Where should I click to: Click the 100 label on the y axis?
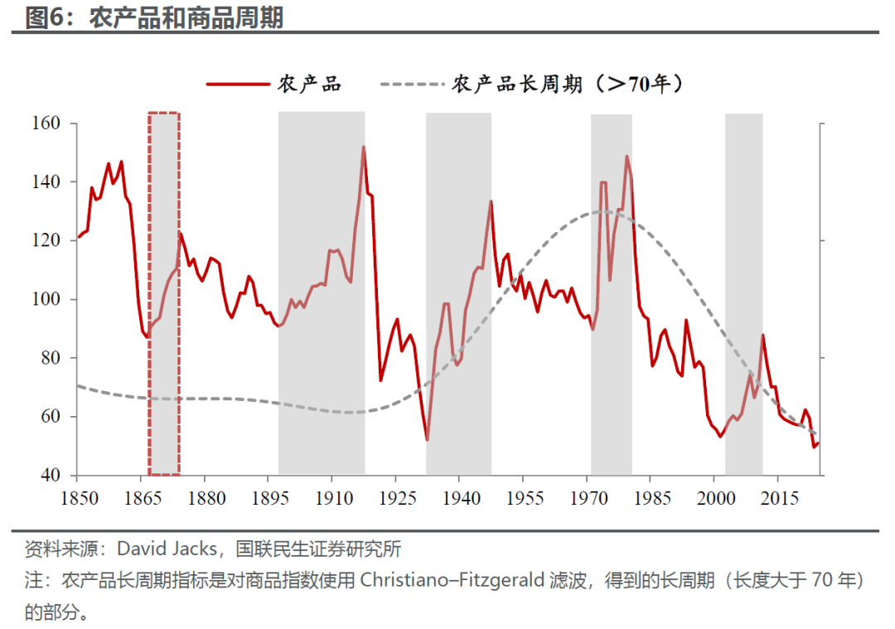tap(49, 299)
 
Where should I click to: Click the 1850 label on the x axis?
tap(76, 498)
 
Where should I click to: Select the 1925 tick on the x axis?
tap(395, 498)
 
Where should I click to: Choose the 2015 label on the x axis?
tap(779, 498)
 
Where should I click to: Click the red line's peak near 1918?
tap(363, 148)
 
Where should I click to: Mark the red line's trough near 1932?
tap(427, 439)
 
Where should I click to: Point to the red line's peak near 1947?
tap(491, 201)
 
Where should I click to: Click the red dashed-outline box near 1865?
tap(164, 294)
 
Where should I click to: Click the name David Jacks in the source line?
tap(168, 549)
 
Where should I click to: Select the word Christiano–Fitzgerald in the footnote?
tap(452, 580)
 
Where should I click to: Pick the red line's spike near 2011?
tap(762, 335)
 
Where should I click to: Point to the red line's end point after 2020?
tap(819, 443)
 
